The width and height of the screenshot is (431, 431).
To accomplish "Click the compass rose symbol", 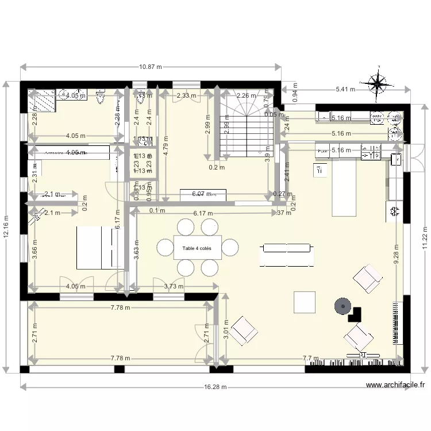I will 378,84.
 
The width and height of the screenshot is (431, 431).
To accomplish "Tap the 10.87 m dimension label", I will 151,67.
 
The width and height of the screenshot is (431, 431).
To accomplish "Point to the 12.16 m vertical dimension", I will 6,226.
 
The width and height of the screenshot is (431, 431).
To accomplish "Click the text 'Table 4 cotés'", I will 197,248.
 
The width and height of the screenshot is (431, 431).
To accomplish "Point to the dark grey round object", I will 343,307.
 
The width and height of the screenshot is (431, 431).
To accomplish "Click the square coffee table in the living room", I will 305,302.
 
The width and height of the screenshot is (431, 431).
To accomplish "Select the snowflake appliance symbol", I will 394,211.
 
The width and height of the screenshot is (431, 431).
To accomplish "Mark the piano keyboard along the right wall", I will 395,322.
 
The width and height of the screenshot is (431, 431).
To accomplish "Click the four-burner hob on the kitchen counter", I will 371,152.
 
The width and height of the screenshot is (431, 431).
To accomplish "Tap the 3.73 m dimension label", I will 174,286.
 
